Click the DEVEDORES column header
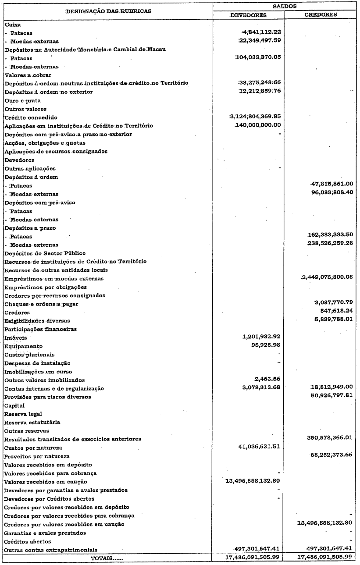(x=249, y=15)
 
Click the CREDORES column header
(x=321, y=15)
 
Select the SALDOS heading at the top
(x=285, y=6)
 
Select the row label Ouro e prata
(x=22, y=100)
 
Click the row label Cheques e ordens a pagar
(x=41, y=304)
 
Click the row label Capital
(x=14, y=405)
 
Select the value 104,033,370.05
(x=258, y=57)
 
